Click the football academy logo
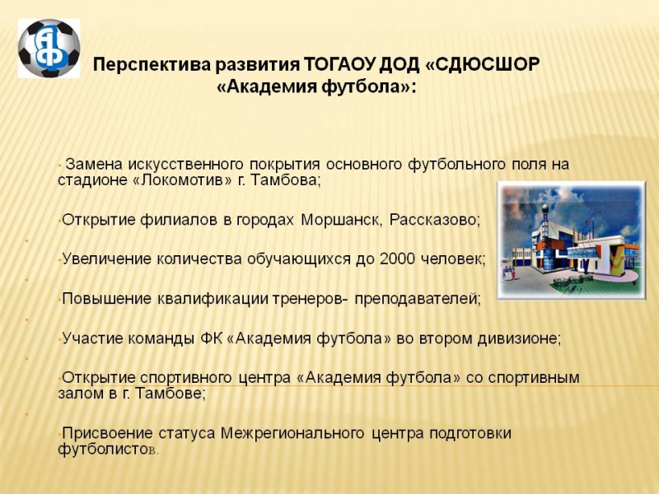point(49,48)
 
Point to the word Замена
point(94,164)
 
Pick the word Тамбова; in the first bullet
point(286,180)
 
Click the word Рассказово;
point(435,220)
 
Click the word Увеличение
point(107,259)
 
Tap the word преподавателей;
point(418,299)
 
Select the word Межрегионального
point(292,434)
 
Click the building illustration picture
point(571,240)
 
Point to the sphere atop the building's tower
point(545,210)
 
